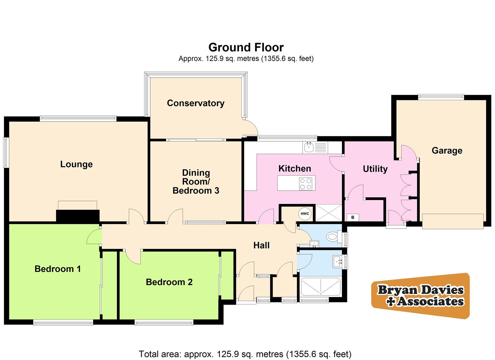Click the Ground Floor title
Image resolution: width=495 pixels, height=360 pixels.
[x=246, y=47]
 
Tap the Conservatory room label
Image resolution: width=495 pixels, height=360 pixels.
[x=195, y=103]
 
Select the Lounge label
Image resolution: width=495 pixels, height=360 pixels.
[x=76, y=164]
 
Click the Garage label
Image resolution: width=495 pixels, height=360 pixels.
[x=447, y=150]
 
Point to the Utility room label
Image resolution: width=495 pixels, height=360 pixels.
[x=375, y=169]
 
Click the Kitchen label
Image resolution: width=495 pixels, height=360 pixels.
[x=295, y=168]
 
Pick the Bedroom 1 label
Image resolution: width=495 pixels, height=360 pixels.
[x=58, y=269]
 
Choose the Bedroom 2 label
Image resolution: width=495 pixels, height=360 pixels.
[x=169, y=282]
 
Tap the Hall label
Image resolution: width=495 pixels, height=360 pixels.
[x=261, y=245]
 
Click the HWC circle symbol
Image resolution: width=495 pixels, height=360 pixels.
[x=305, y=214]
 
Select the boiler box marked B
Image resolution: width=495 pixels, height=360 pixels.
[x=353, y=217]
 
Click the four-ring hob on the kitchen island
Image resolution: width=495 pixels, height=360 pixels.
[x=306, y=183]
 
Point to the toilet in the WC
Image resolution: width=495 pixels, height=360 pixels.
[x=333, y=237]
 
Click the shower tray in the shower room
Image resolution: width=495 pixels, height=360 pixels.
[x=321, y=287]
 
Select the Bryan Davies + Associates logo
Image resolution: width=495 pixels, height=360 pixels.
[x=420, y=295]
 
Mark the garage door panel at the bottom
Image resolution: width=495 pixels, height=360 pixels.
[x=452, y=221]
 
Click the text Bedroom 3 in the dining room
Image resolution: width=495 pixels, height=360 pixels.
[x=196, y=191]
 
